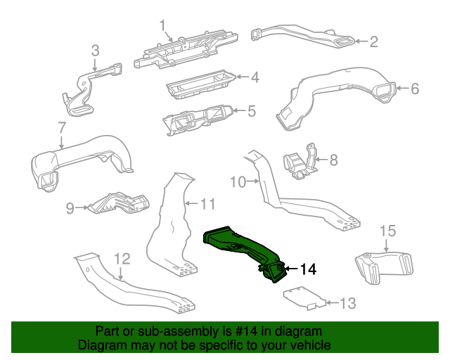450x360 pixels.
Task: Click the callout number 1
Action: click(164, 27)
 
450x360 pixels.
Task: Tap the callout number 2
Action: click(374, 42)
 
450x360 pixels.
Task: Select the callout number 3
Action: click(96, 51)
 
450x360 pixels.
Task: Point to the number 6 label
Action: click(414, 89)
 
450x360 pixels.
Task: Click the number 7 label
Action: click(61, 129)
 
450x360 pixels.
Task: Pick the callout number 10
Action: click(237, 182)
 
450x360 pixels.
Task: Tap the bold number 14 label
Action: click(308, 269)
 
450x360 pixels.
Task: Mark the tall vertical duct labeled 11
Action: click(171, 225)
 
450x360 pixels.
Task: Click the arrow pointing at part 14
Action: click(290, 269)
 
